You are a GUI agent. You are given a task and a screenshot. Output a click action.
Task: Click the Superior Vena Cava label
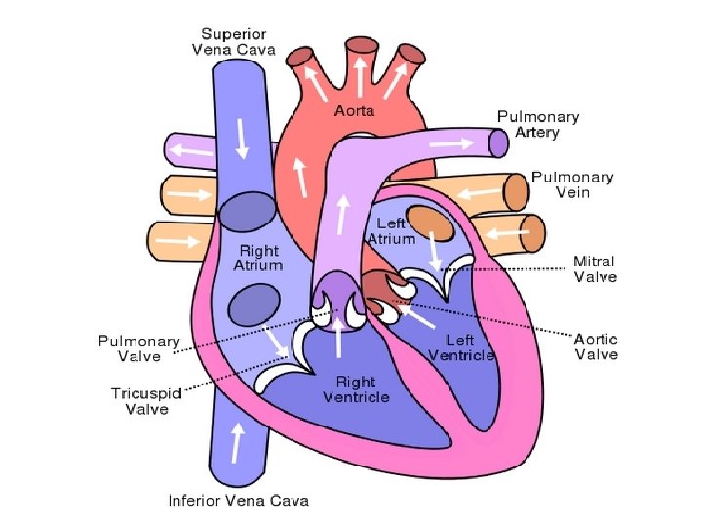(x=233, y=40)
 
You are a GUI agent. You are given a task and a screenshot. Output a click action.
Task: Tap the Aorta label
(x=355, y=112)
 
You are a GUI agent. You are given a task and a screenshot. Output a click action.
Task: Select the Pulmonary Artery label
(x=538, y=124)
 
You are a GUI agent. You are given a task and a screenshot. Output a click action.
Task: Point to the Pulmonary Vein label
(x=571, y=184)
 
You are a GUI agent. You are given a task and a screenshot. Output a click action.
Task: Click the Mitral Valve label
(x=594, y=269)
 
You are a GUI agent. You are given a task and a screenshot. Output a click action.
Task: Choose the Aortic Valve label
(x=595, y=346)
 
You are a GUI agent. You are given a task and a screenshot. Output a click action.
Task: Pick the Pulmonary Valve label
(x=138, y=348)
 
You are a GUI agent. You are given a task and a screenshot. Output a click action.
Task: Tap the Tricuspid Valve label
(x=146, y=401)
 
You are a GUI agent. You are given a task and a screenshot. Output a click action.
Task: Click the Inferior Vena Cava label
(x=239, y=501)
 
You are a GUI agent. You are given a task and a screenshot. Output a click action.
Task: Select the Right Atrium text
(x=258, y=258)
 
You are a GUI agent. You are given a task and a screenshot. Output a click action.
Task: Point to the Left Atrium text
(x=391, y=231)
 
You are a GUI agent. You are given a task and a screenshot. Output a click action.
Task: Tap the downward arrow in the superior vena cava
(x=240, y=142)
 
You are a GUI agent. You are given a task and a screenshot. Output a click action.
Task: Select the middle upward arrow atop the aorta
(x=360, y=70)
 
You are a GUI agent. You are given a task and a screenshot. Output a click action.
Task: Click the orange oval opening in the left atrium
(x=429, y=223)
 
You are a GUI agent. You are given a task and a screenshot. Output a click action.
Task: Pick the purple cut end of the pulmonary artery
(x=499, y=143)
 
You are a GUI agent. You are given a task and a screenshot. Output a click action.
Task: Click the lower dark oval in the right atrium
(x=253, y=304)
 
